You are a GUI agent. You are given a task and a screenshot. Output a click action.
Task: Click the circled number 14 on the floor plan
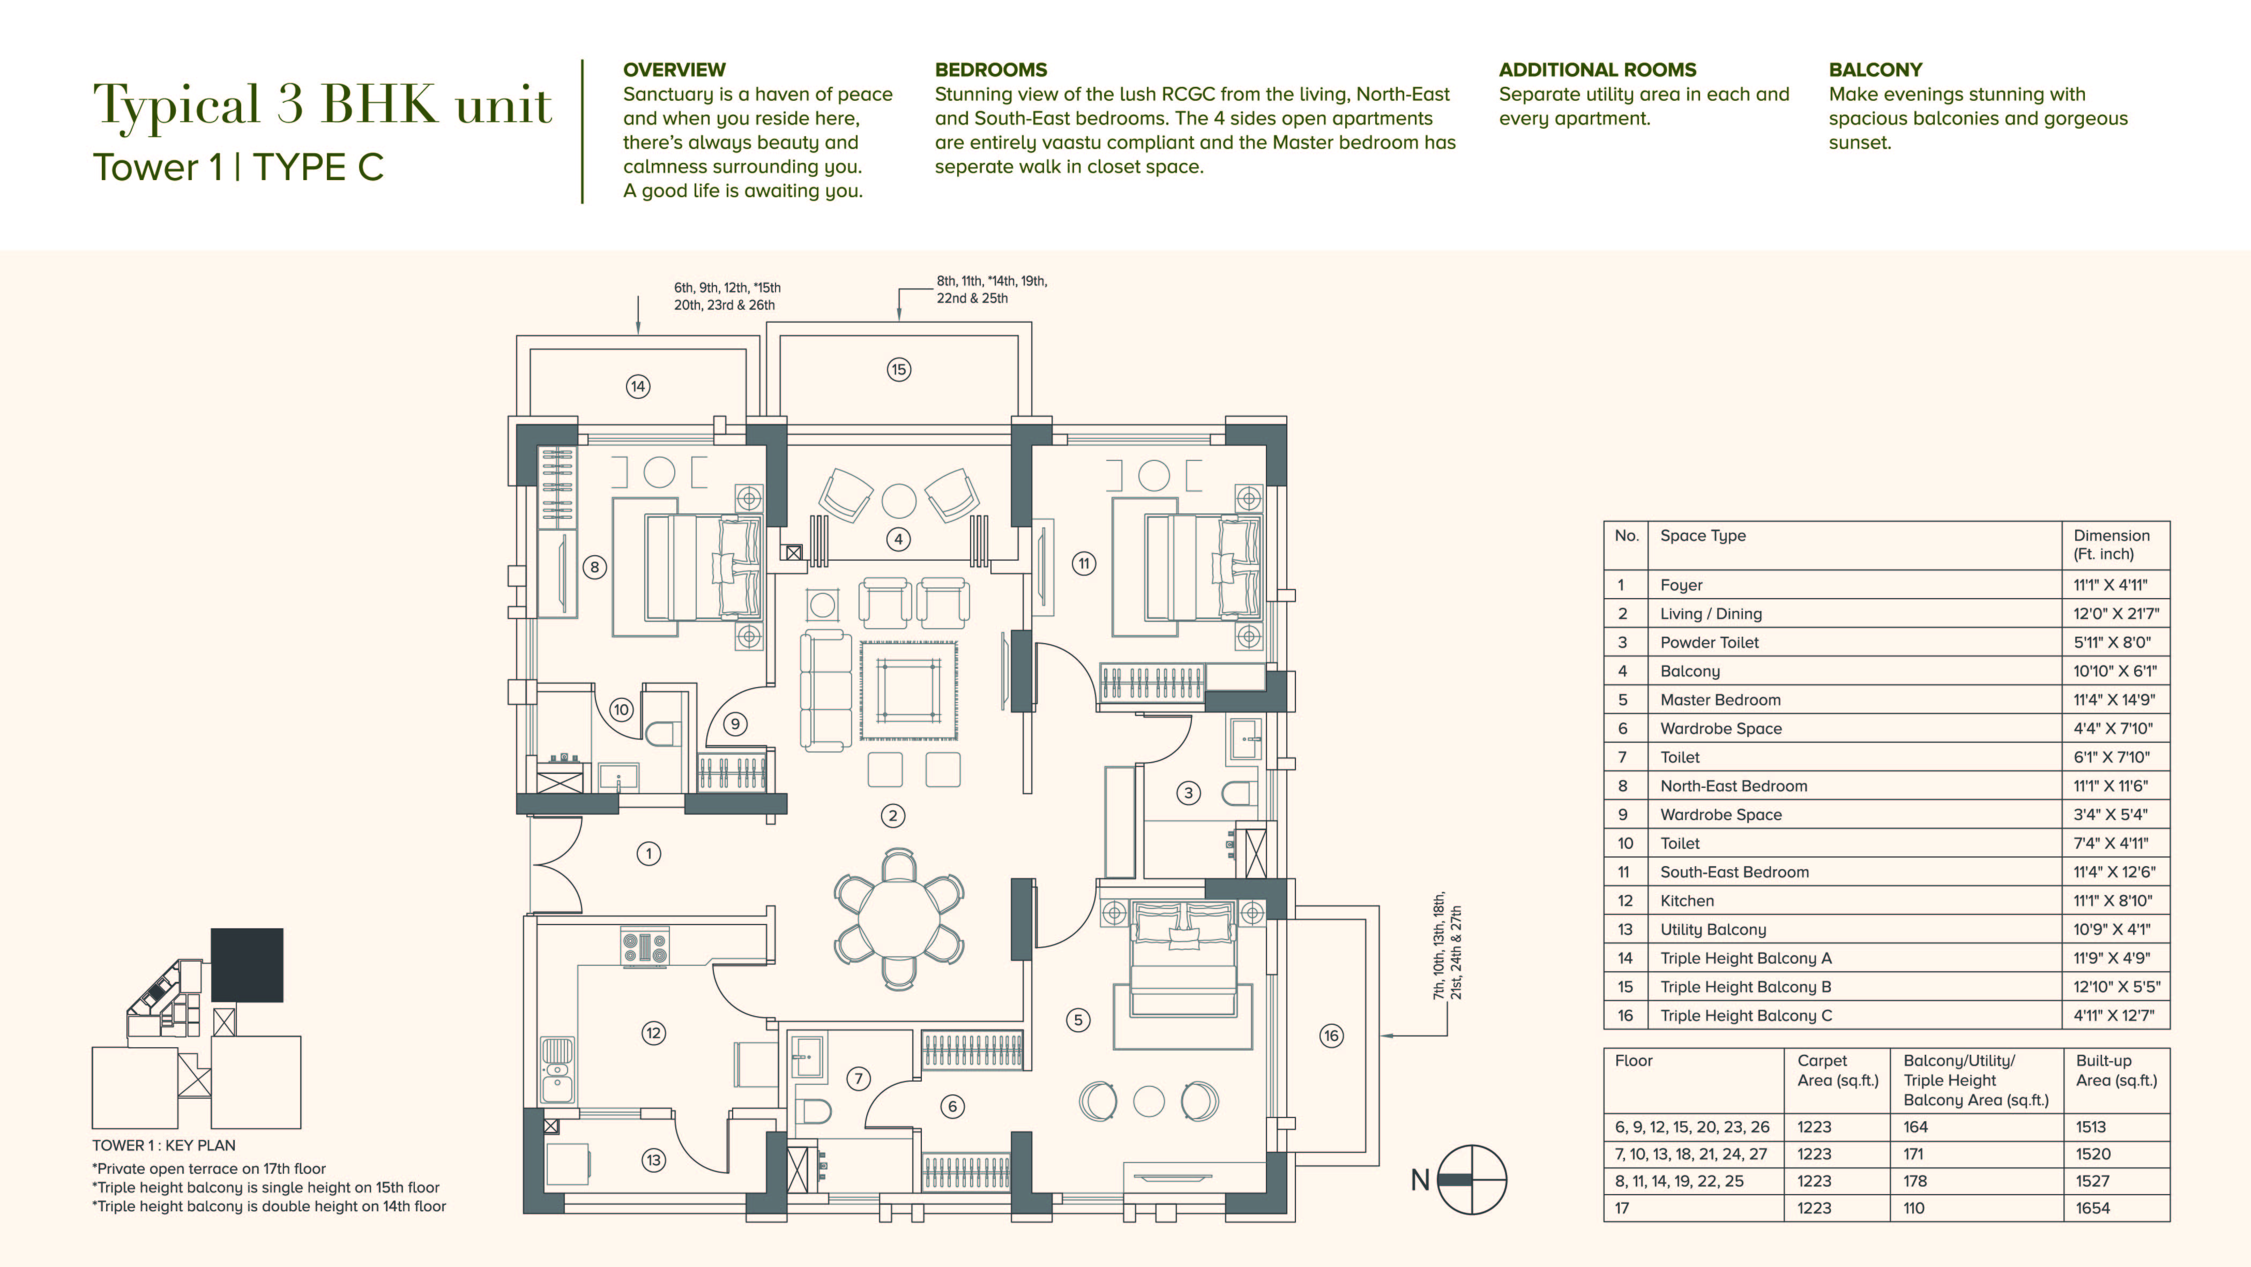click(638, 386)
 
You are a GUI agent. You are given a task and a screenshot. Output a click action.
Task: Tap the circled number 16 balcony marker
click(1331, 1035)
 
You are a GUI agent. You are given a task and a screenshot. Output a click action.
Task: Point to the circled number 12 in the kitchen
click(654, 1033)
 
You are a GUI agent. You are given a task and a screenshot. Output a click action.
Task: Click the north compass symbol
click(1472, 1180)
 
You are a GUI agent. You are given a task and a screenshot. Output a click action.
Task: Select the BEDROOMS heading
click(991, 70)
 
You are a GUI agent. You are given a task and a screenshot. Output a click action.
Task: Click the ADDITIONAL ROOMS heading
click(1597, 70)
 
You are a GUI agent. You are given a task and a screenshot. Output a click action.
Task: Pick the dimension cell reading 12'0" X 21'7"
click(2115, 614)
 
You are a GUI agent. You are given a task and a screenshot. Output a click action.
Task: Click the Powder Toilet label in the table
click(1709, 642)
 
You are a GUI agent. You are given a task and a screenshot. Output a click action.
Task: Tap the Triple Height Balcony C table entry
click(1746, 1015)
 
